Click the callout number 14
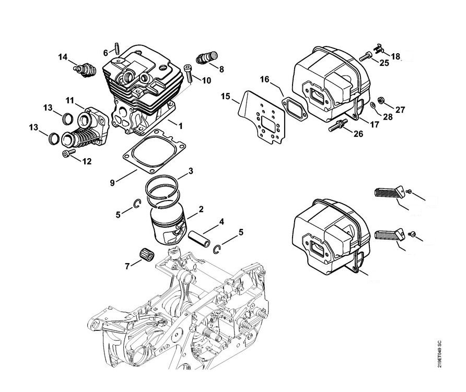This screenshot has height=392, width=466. (x=63, y=57)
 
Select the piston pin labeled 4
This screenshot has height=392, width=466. (x=201, y=236)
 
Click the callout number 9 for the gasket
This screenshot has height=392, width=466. (x=113, y=182)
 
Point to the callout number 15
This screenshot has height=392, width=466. (x=226, y=96)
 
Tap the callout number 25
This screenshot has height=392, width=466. (x=384, y=63)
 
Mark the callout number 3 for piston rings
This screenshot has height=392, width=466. (x=191, y=171)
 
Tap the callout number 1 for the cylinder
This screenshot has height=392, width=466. (x=180, y=125)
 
